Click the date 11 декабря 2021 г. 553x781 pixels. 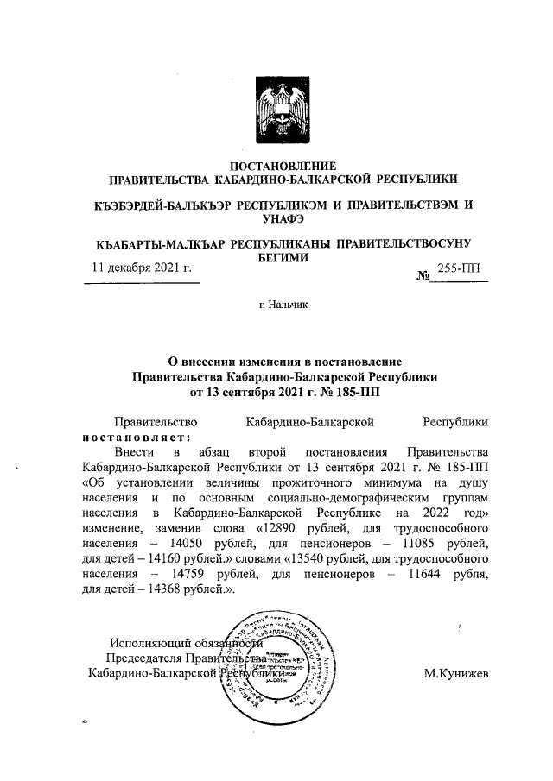pyautogui.click(x=141, y=269)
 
